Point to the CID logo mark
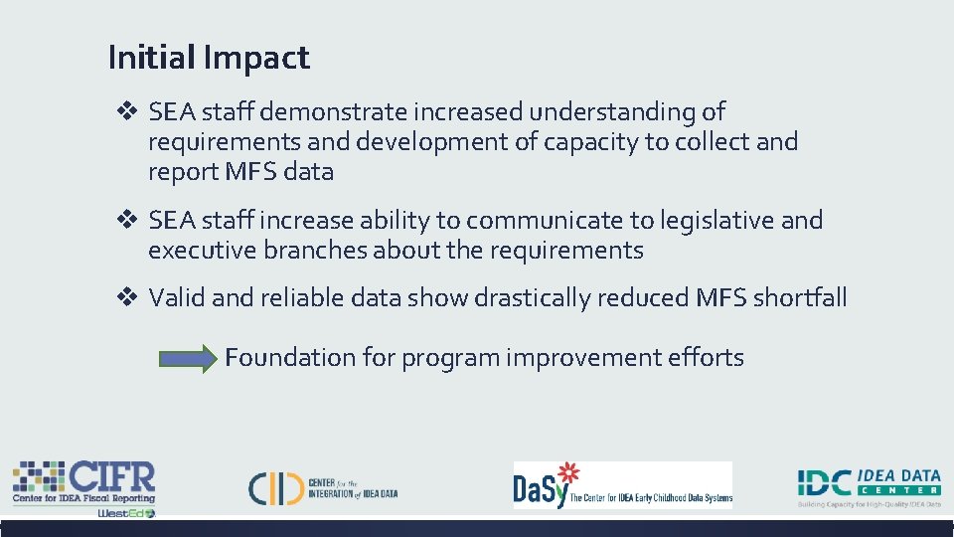click(x=275, y=487)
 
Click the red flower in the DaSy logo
click(x=566, y=473)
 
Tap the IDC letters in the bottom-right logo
click(x=824, y=482)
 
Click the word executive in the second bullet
click(x=203, y=251)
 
